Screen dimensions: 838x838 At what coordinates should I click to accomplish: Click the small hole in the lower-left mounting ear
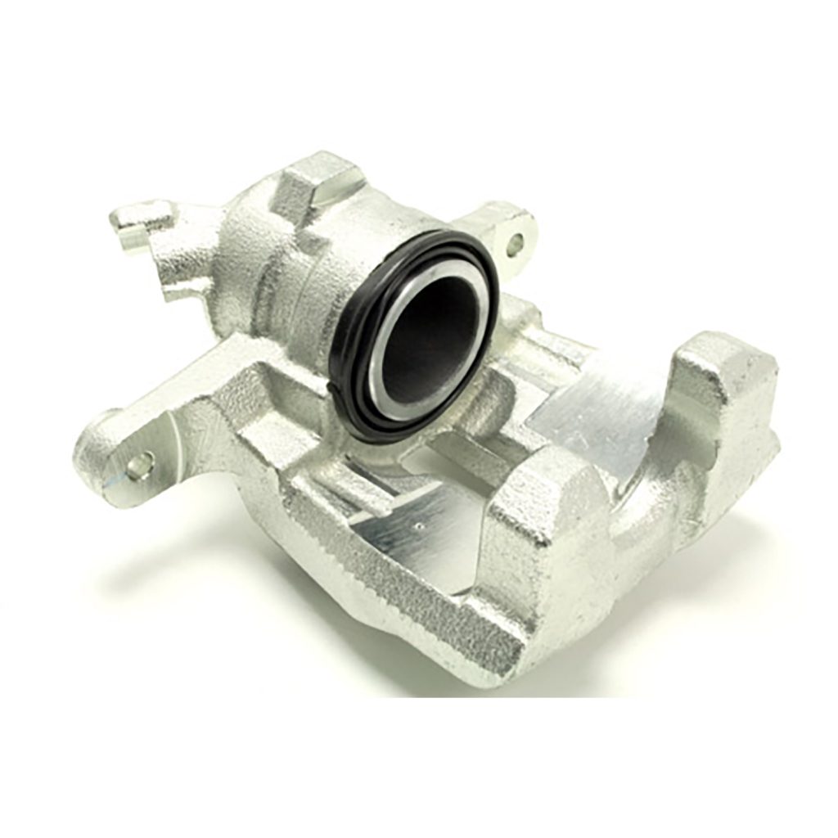[x=139, y=466]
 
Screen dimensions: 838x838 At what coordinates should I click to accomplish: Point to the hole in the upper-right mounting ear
[x=515, y=242]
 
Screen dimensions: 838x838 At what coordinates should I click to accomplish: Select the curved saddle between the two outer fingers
[x=647, y=499]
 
